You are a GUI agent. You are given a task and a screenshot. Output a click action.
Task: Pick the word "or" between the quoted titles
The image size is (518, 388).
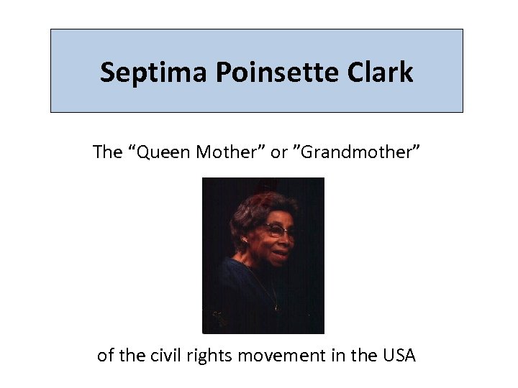click(278, 153)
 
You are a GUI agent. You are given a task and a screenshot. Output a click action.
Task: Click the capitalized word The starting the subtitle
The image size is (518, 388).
click(109, 152)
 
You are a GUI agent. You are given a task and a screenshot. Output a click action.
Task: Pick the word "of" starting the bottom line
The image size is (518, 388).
click(105, 355)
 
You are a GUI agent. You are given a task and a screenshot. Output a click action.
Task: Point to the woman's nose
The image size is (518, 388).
click(286, 239)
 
